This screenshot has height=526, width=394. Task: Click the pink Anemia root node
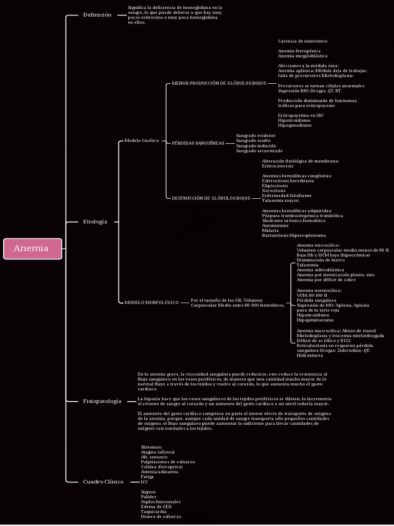pos(32,249)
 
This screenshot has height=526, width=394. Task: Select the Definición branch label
pos(97,15)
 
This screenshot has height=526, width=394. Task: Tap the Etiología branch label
pos(95,222)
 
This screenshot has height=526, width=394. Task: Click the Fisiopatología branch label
pos(102,401)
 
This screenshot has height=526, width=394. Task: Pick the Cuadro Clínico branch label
pos(103,482)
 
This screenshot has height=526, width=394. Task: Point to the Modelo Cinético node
pos(142,140)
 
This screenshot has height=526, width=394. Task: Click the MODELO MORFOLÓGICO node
pos(151,303)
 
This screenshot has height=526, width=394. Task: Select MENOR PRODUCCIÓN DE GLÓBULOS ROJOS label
pos(219,83)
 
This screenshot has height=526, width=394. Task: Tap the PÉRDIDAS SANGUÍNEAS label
pos(198,143)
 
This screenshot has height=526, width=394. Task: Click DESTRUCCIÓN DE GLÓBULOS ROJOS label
pos(211,198)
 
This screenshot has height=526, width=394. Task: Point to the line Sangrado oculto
pos(253,140)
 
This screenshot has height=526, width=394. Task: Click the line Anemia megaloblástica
pos(303,55)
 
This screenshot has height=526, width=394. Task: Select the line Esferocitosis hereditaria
pos(288,181)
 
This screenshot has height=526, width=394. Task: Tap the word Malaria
pos(270,230)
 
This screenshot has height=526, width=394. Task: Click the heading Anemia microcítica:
pos(318,245)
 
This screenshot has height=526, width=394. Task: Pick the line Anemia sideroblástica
pos(320,270)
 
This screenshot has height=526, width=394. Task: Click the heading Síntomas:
pos(151,447)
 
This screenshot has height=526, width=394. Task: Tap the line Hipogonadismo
pos(294,125)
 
